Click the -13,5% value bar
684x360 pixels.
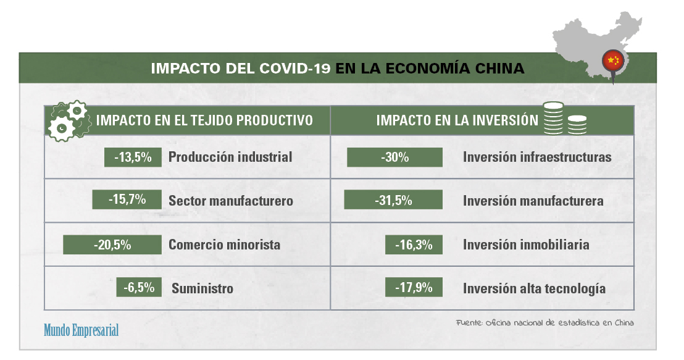point(133,157)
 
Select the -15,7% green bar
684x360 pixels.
point(127,199)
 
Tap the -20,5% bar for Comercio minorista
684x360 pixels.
point(112,245)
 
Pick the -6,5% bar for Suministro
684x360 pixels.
point(139,287)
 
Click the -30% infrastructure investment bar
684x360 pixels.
point(395,157)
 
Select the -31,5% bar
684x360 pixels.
point(393,200)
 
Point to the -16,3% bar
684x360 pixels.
point(414,245)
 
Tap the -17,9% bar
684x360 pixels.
point(414,287)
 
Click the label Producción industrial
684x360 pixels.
point(230,157)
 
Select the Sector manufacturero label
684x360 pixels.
point(231,201)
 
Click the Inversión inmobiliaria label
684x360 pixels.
point(526,245)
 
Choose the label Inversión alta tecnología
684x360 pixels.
point(535,288)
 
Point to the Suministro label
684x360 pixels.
point(202,288)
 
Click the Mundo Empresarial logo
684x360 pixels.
point(81,330)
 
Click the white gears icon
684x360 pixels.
point(68,121)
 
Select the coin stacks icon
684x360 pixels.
point(564,119)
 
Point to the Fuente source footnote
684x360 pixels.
point(545,323)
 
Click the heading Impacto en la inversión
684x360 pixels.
point(457,120)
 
